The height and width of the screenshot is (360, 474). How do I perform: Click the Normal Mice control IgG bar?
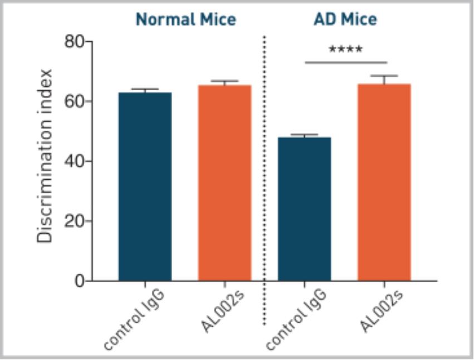tap(145, 186)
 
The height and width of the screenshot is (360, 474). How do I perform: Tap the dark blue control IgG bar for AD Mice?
tap(304, 209)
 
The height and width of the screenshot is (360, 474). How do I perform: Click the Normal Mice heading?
tap(186, 20)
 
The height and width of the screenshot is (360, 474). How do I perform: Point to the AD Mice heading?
tap(345, 20)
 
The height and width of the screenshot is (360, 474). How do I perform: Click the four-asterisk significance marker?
tap(345, 50)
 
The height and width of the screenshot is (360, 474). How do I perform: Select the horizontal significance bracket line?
tap(345, 62)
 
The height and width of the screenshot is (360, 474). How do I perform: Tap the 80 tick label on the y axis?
tap(74, 42)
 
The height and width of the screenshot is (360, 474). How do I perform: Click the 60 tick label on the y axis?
tap(74, 101)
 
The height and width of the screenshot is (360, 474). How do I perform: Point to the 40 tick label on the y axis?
tap(74, 161)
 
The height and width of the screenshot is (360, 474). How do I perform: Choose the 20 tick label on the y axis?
tap(74, 221)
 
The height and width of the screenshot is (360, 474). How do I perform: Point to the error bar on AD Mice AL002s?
tap(384, 79)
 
